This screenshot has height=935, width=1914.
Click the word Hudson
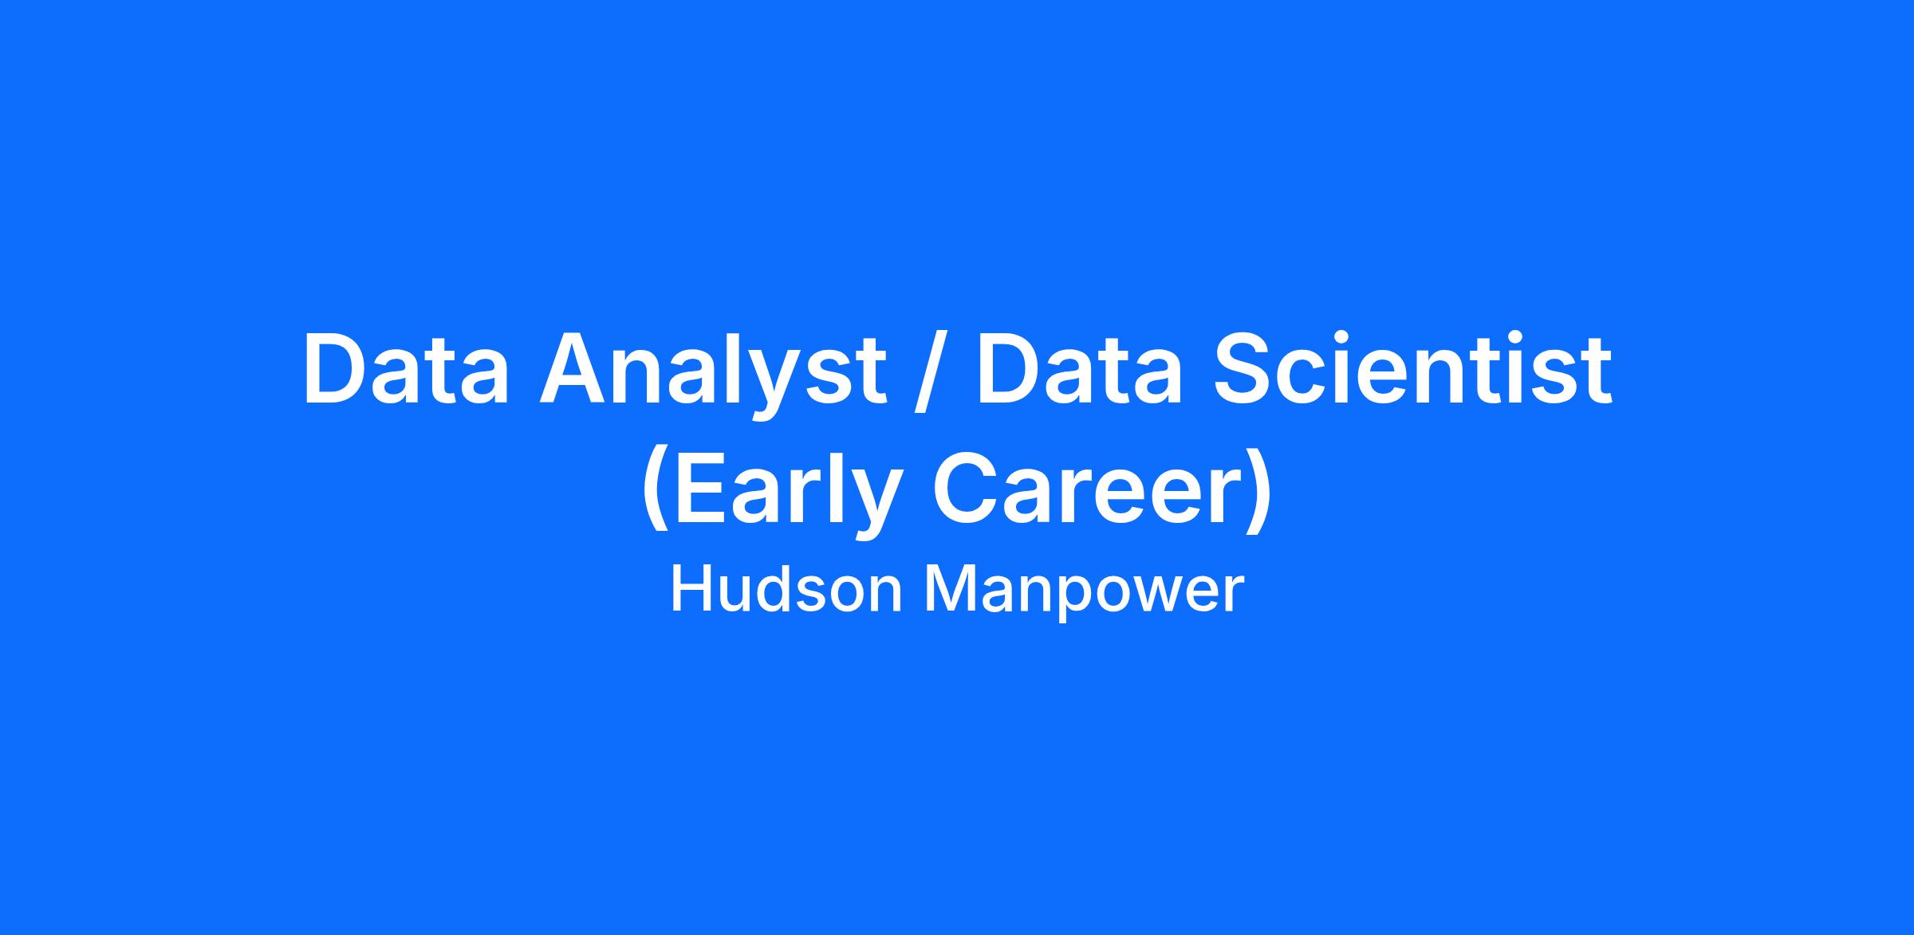[x=786, y=590]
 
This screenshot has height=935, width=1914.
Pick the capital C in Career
[x=967, y=489]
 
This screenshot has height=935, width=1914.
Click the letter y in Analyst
[x=757, y=387]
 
